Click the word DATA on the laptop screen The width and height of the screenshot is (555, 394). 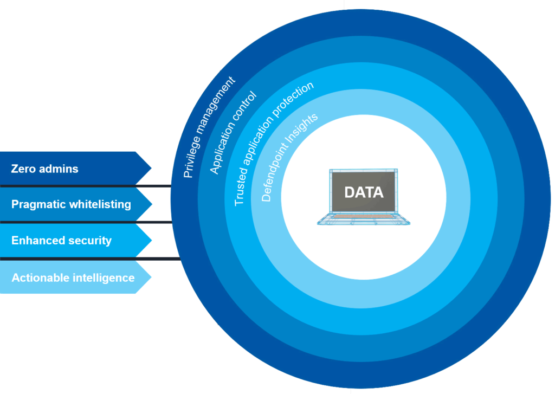[363, 192]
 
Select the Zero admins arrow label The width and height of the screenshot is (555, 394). [44, 169]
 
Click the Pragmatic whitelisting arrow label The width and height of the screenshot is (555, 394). [71, 204]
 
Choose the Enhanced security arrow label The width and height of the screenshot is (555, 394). [61, 241]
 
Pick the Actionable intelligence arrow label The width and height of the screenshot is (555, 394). [73, 277]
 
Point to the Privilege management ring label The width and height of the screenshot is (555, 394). [209, 128]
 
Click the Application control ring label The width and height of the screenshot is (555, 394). [233, 133]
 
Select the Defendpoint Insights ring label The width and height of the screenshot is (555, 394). [289, 158]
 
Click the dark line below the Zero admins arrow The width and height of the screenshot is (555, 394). [87, 186]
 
